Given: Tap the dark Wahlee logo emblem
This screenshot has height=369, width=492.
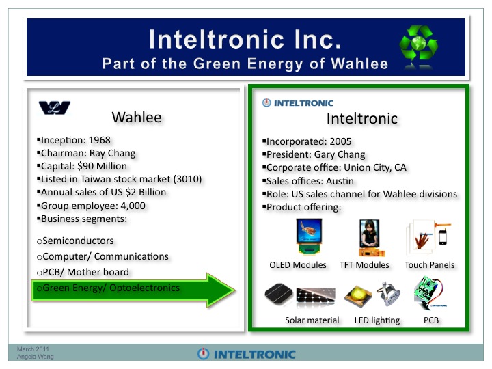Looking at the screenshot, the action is click(54, 108).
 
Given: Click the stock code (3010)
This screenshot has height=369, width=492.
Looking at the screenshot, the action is click(187, 179).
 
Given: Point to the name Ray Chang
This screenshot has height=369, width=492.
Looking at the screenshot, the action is click(112, 153).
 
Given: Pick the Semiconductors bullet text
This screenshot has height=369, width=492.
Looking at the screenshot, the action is click(78, 241).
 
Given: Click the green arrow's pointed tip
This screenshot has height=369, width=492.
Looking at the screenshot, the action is click(234, 290).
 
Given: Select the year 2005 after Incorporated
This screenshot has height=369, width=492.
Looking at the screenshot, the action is click(340, 141).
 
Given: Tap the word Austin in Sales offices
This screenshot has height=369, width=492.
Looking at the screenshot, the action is click(340, 181).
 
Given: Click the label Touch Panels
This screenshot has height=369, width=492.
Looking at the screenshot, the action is click(429, 265).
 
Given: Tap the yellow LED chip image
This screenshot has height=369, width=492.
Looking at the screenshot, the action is click(357, 296).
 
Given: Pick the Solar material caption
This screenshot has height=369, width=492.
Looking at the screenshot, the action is click(312, 320).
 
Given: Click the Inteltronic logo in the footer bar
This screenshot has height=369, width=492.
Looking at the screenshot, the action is click(246, 354).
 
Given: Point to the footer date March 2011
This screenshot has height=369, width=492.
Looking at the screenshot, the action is click(33, 349).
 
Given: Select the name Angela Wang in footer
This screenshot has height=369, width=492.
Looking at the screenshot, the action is click(35, 357).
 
